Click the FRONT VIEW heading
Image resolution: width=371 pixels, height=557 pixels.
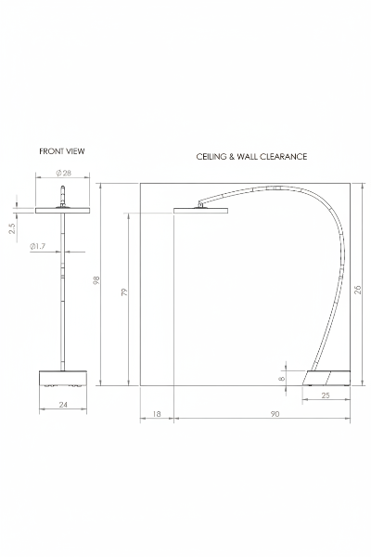62,151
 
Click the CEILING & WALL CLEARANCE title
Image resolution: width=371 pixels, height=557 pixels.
251,157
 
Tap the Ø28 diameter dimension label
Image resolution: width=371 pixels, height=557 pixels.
64,173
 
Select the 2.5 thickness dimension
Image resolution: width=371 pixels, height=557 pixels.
12,228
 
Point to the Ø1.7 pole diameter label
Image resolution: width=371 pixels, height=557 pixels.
38,246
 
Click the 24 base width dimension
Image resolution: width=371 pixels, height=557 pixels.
63,405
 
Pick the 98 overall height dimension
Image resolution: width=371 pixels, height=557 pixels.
96,280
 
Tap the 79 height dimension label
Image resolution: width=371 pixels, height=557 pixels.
124,292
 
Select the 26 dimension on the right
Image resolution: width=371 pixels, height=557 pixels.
357,290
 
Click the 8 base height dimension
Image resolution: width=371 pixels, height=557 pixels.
282,379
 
